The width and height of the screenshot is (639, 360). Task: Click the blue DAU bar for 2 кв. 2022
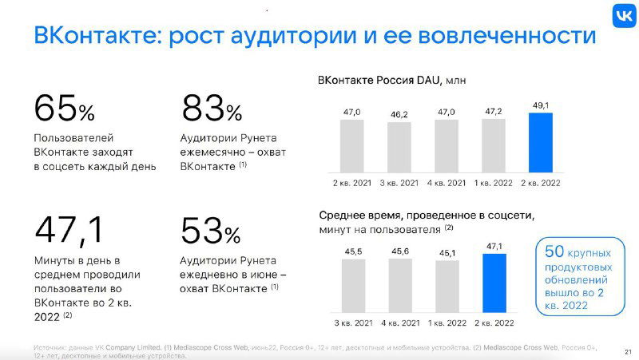pyautogui.click(x=541, y=142)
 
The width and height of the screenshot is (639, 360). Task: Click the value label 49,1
pyautogui.click(x=541, y=105)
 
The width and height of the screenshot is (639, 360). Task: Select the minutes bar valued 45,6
pyautogui.click(x=401, y=286)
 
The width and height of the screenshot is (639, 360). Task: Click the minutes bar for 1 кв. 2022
pyautogui.click(x=445, y=287)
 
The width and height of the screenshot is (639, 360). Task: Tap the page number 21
pyautogui.click(x=626, y=351)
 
